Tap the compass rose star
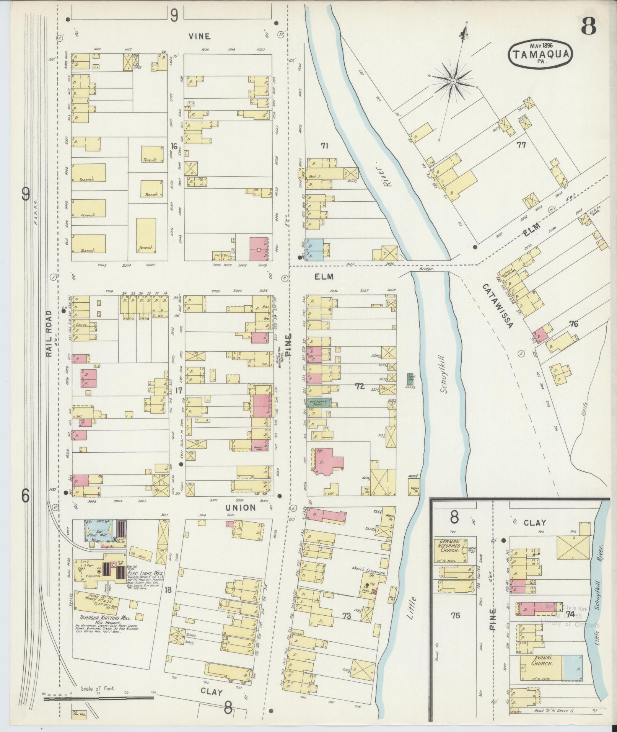click(453, 81)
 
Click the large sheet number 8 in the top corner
click(589, 26)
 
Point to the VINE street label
click(199, 36)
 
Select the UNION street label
click(240, 508)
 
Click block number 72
click(360, 386)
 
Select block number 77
click(521, 145)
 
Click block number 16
click(174, 147)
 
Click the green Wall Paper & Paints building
click(319, 403)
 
